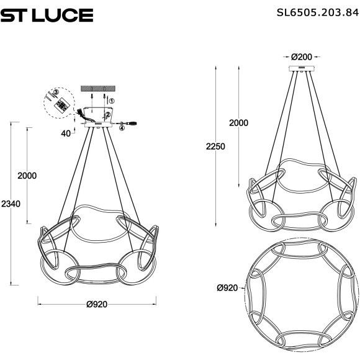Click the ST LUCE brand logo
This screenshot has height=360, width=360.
click(x=47, y=15)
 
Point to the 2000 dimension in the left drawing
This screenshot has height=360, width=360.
click(x=27, y=176)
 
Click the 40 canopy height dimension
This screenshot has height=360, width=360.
click(x=65, y=132)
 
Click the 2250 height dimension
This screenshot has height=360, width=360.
click(x=215, y=146)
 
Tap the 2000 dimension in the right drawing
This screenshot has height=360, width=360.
click(x=238, y=123)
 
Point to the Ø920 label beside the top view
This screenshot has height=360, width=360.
click(x=228, y=288)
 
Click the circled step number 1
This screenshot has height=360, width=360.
click(x=111, y=99)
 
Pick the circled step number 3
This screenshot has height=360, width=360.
click(x=56, y=92)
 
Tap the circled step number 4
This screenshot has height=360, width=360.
click(x=122, y=128)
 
